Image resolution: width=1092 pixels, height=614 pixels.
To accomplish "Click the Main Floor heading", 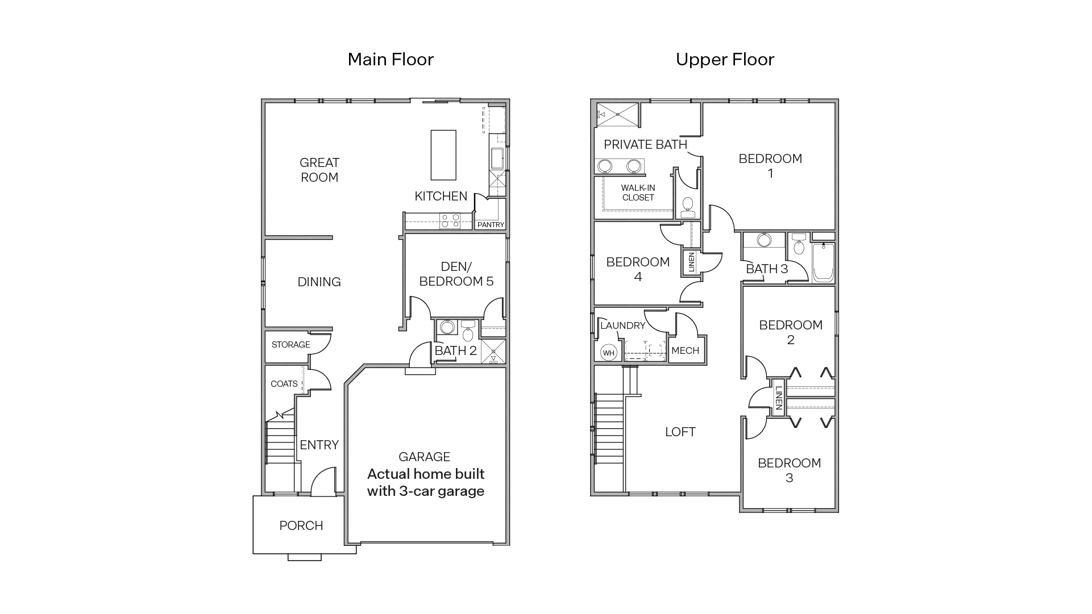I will (391, 59).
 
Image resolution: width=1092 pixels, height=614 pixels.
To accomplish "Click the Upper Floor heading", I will (725, 59).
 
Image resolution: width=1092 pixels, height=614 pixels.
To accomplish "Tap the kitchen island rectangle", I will (443, 154).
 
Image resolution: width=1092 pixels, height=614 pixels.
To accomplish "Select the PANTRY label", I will (491, 225).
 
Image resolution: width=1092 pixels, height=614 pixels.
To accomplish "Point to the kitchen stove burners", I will (450, 221).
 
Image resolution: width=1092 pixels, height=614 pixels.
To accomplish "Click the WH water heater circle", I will (609, 353).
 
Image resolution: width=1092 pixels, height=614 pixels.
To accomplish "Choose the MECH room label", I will (685, 350).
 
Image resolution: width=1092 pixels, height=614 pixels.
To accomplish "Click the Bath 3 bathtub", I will (823, 262).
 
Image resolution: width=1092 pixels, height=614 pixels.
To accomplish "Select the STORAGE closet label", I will (290, 345).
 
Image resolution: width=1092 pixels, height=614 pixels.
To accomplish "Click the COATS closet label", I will (284, 384).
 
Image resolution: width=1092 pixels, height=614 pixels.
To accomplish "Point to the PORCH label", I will (301, 525).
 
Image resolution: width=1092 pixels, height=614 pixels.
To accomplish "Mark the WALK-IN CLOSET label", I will (638, 193).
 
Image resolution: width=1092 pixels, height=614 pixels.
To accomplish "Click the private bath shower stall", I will (617, 115).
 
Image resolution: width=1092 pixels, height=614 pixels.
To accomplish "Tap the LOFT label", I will (680, 432).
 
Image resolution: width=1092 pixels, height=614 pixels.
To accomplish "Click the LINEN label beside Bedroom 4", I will (691, 263).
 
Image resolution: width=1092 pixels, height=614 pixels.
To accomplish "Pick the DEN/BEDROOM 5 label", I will (456, 274).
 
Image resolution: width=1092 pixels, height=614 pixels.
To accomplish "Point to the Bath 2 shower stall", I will (493, 352).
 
